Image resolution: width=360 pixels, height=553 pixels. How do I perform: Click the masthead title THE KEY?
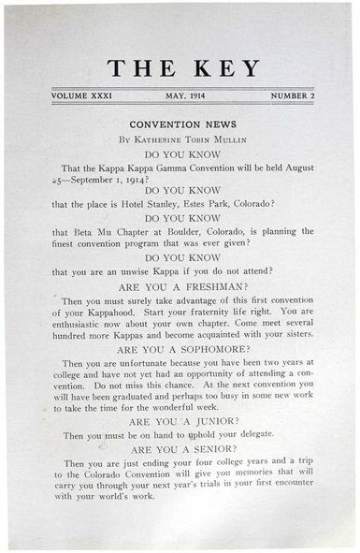click(x=182, y=67)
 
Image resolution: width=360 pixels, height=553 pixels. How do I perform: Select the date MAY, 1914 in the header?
click(x=183, y=96)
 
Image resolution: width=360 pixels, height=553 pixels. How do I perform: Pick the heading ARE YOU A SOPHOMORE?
click(x=183, y=349)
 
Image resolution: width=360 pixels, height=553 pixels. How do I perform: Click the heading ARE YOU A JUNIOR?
click(x=183, y=422)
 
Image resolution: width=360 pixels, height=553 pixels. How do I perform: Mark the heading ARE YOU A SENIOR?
click(x=183, y=449)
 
